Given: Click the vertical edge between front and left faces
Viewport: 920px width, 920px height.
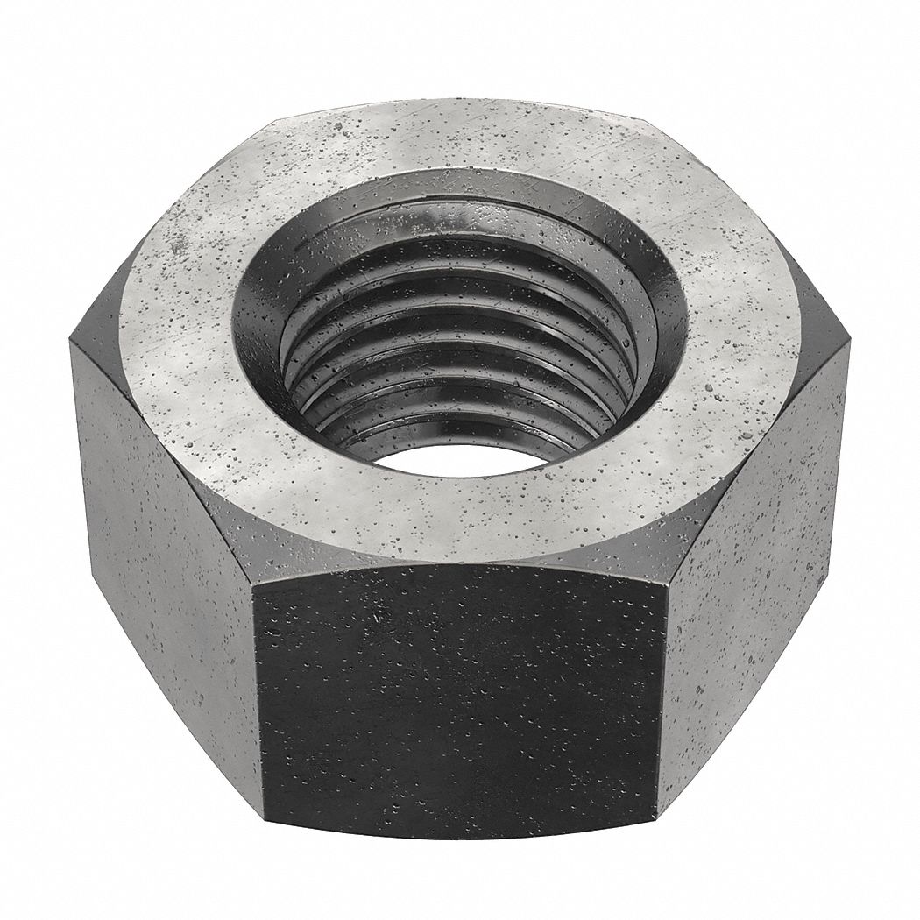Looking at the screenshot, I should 256,692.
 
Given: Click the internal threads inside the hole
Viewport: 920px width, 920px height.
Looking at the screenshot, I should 456,350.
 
